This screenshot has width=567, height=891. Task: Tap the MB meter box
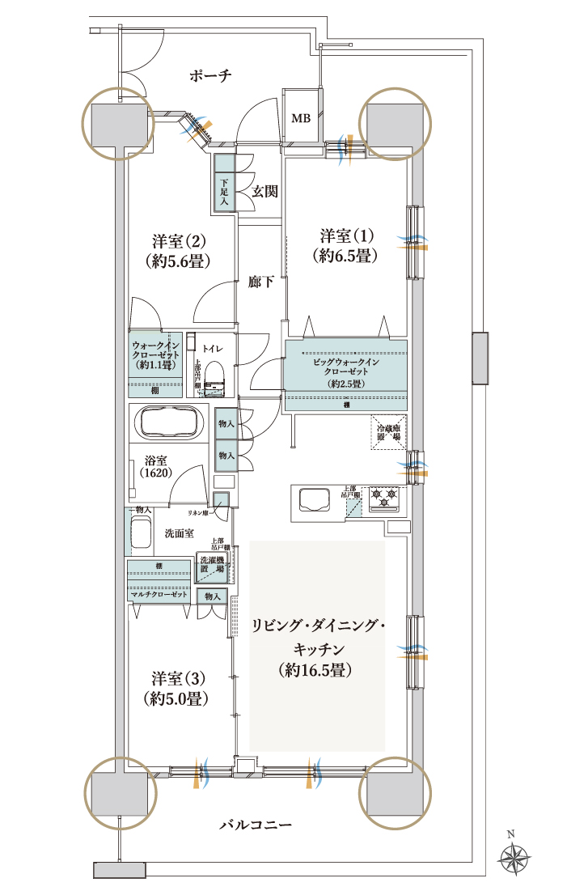300,118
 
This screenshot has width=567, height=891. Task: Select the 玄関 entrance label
264,192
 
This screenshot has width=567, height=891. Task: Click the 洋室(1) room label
347,245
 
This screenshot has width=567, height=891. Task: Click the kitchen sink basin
312,499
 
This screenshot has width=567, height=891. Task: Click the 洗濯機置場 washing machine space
215,565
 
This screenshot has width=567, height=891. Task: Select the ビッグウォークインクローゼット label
346,371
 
